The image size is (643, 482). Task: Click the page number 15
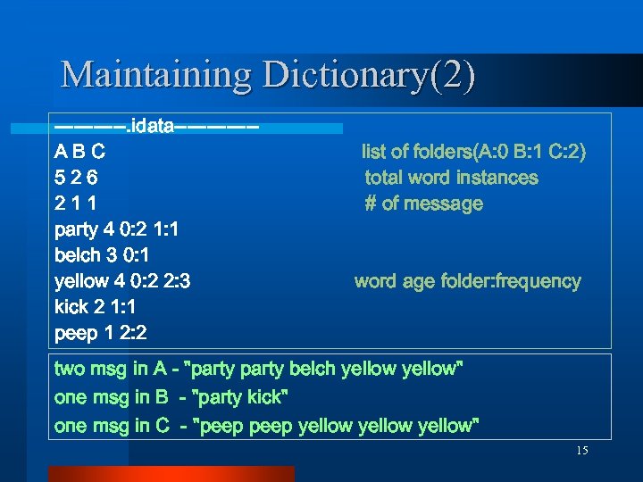point(581,451)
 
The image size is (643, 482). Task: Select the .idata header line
point(157,126)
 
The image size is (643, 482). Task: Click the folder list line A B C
point(80,152)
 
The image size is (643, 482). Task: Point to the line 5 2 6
point(77,178)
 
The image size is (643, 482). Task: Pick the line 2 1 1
point(77,204)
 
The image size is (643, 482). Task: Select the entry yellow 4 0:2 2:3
point(122,281)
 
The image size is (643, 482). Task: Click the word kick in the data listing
point(72,307)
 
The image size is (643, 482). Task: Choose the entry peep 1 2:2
point(101,333)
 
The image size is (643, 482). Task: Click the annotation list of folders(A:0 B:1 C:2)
point(473,152)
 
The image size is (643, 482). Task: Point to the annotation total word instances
point(451,178)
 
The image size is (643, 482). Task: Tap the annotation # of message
point(423,204)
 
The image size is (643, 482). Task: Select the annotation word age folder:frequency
point(467,281)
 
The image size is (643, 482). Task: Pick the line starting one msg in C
point(266,426)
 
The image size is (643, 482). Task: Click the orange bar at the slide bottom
point(171,473)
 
